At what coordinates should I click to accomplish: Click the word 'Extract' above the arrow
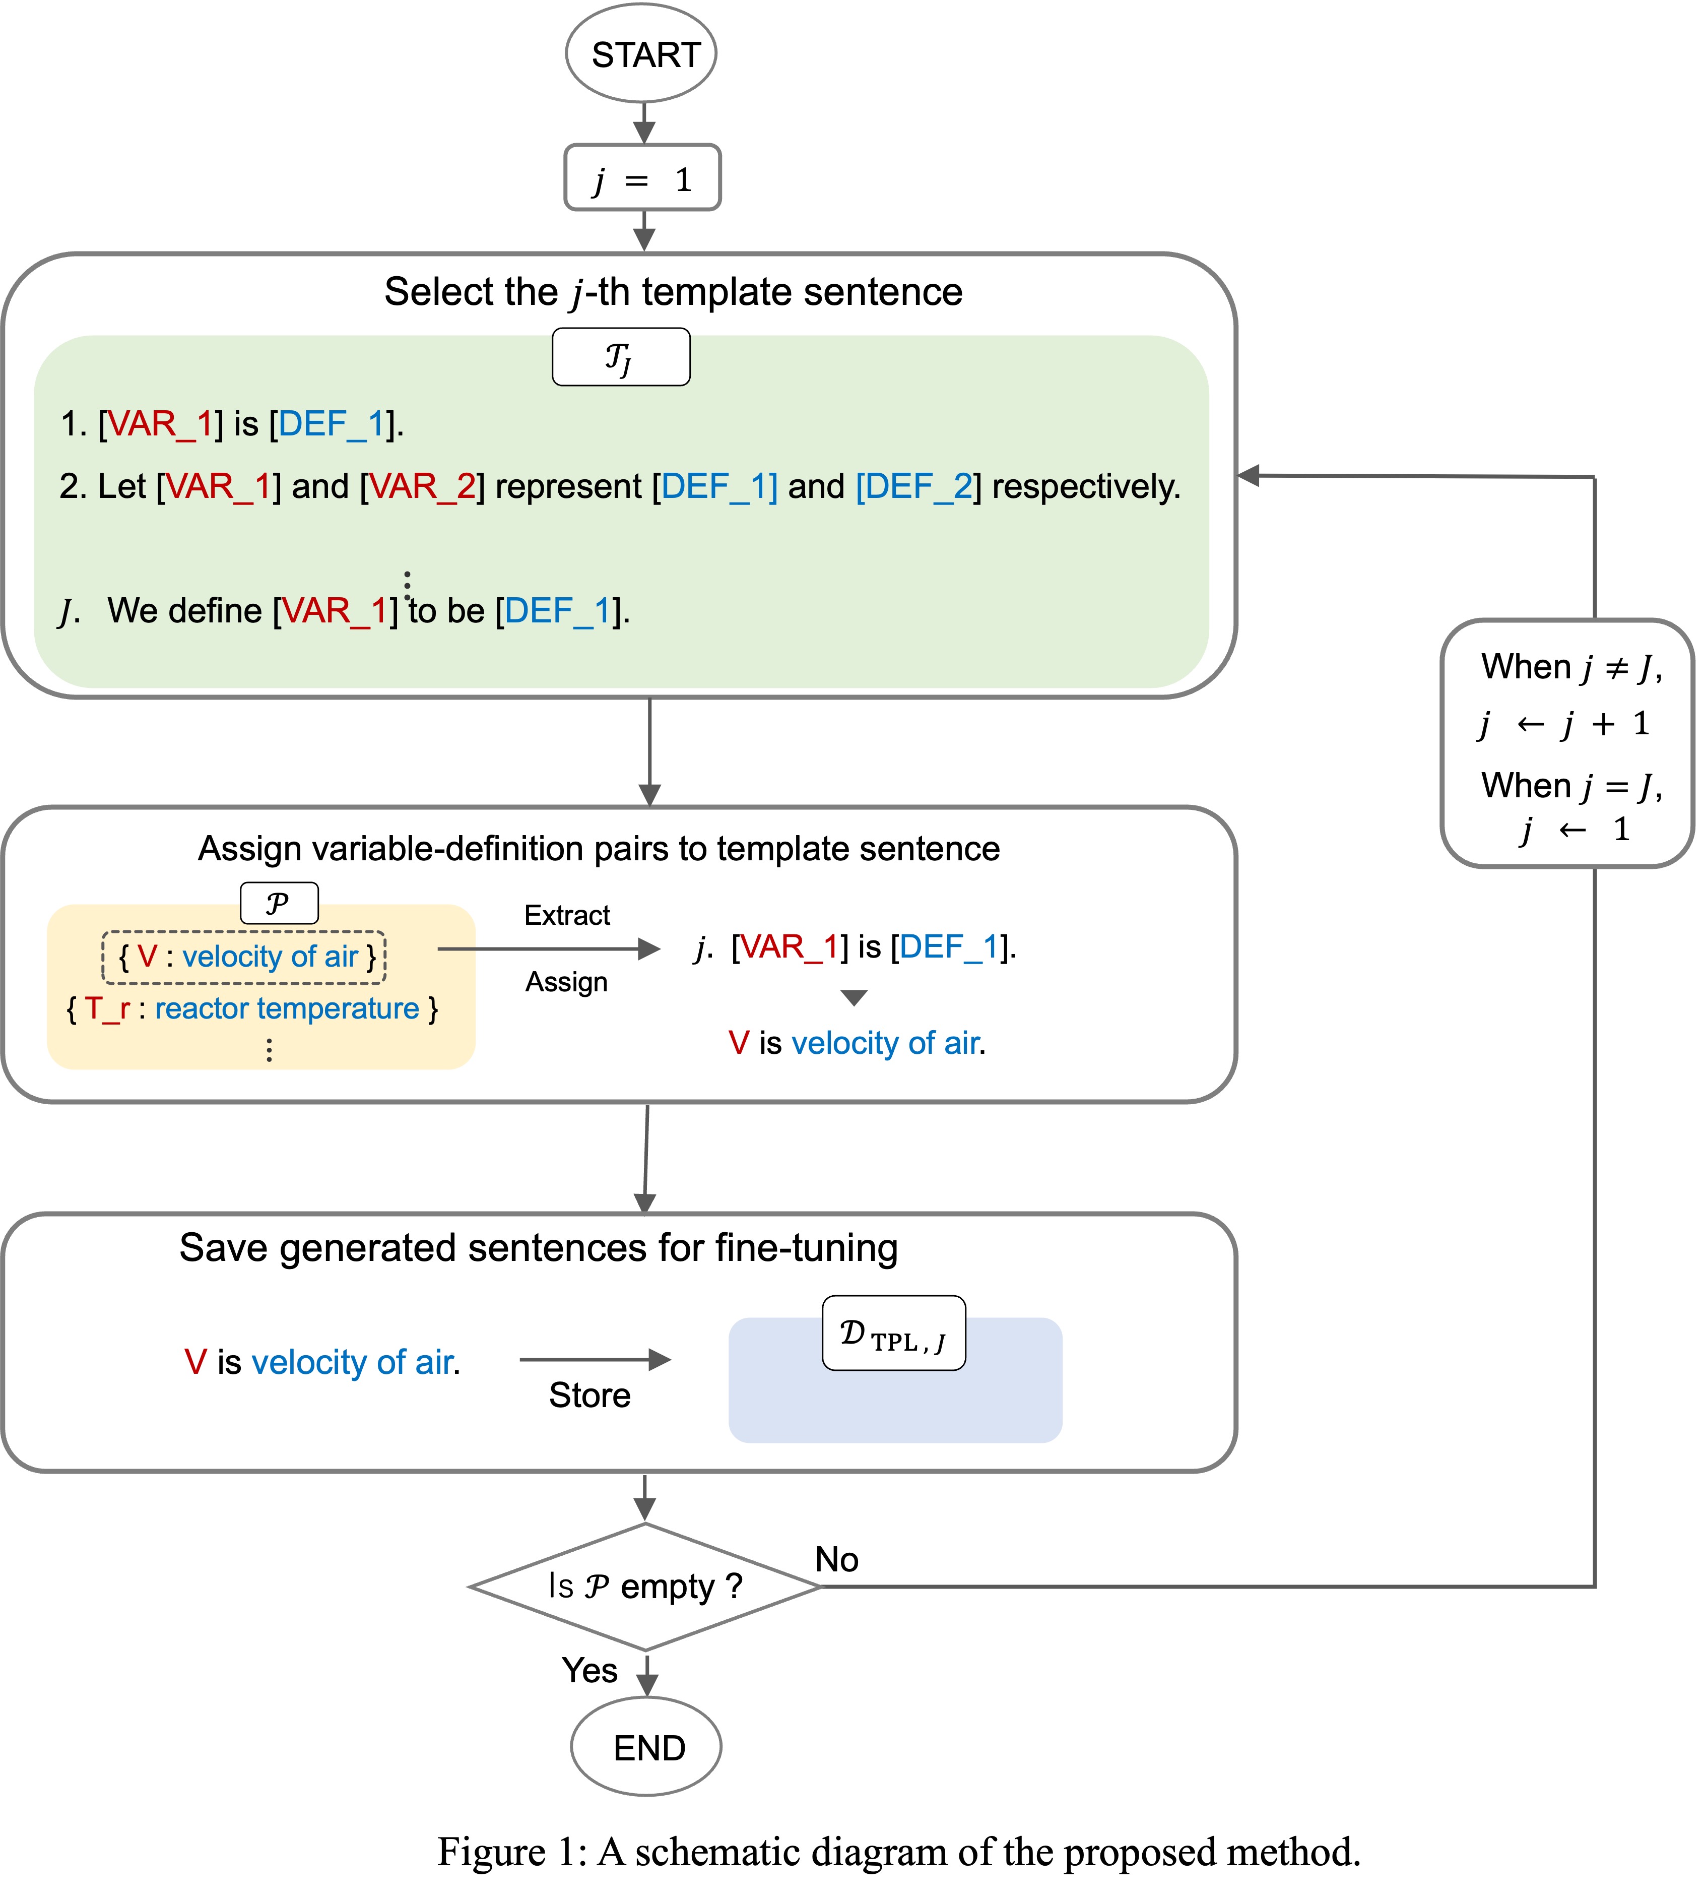coord(567,915)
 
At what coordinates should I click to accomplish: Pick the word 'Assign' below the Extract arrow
coord(566,981)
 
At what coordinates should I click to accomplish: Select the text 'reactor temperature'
coord(287,1008)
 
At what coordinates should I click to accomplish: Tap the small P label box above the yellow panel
coord(279,903)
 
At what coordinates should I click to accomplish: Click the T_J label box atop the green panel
coord(621,357)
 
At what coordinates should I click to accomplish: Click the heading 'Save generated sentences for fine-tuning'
coord(538,1248)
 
